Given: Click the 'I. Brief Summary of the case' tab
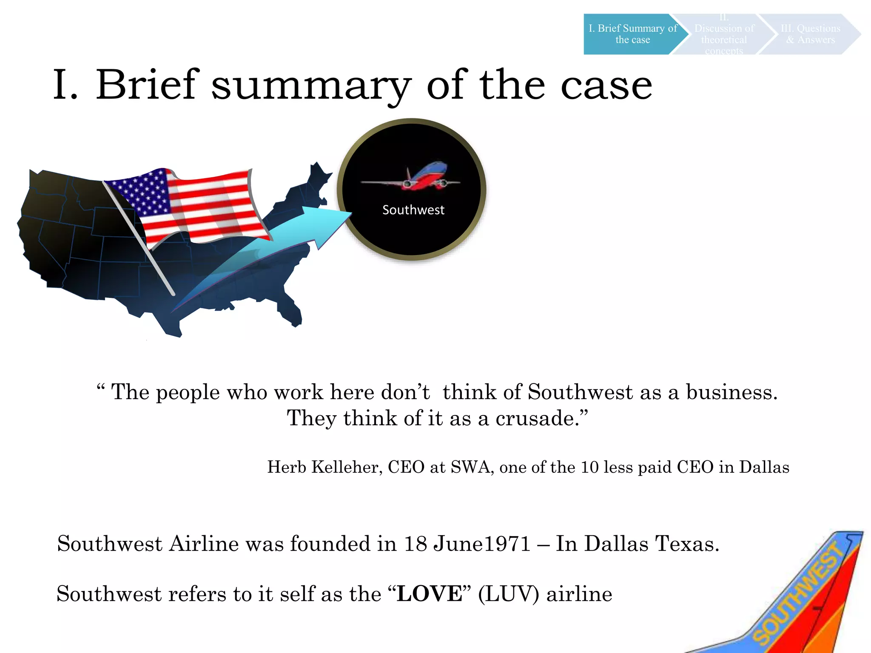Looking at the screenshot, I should [632, 34].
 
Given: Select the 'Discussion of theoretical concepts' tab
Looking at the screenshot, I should [724, 34].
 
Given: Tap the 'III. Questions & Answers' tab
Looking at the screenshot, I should [810, 34].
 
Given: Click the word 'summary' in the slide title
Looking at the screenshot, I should [311, 86].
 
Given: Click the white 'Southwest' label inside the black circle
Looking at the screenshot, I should [413, 210].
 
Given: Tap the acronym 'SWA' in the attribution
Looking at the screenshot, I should [472, 467].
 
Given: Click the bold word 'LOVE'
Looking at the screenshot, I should [429, 594].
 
